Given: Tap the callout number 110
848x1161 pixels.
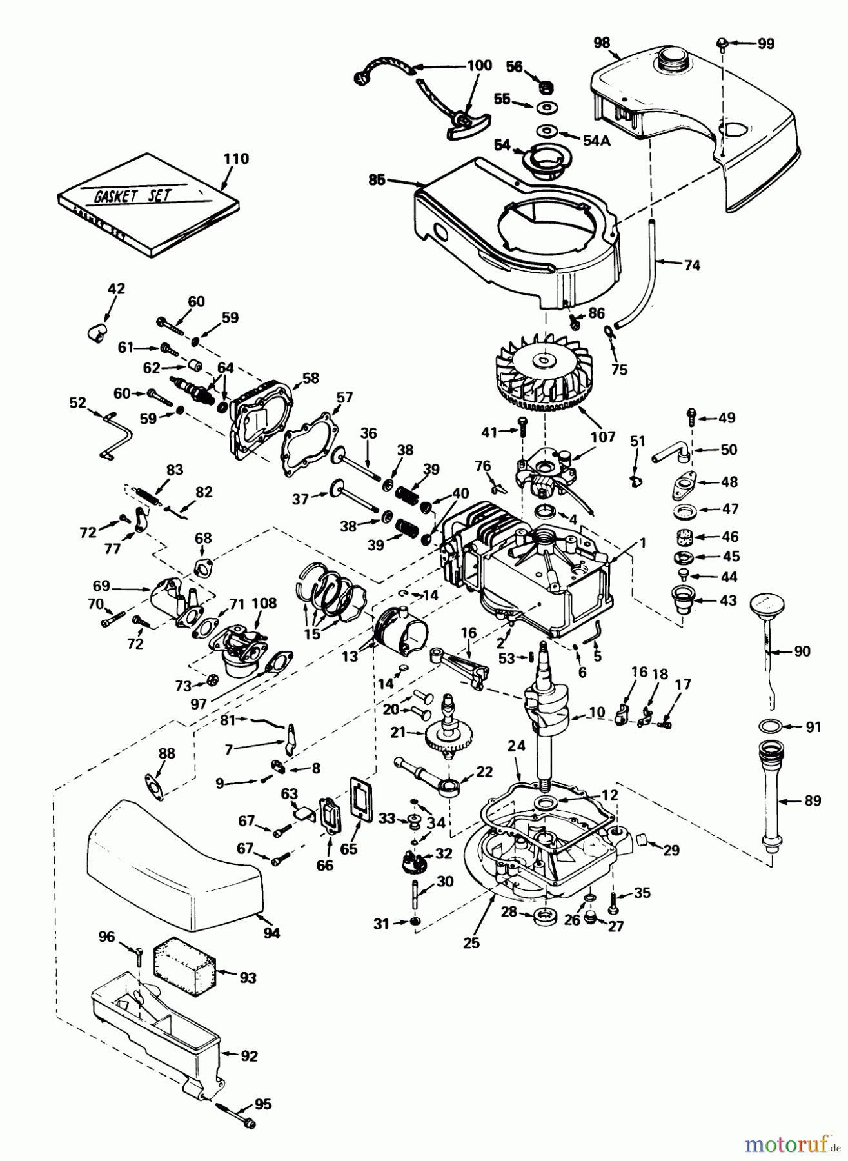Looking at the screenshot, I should point(235,159).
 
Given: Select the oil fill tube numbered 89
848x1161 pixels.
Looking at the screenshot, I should point(769,800).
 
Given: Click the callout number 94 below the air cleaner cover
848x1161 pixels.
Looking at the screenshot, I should point(271,933).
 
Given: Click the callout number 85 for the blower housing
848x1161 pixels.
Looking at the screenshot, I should point(377,180).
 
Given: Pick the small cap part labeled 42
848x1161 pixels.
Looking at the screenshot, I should point(97,332).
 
